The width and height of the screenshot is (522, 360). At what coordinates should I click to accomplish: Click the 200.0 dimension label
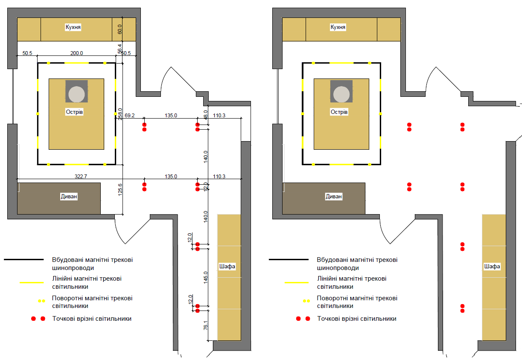tap(77, 53)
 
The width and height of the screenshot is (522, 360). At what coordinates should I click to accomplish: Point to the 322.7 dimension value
tap(81, 176)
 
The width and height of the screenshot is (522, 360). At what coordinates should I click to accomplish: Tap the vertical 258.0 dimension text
tap(120, 114)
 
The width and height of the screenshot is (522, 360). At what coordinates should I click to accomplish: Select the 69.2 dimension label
tap(130, 116)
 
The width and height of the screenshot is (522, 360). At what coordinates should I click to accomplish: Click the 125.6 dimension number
tap(120, 190)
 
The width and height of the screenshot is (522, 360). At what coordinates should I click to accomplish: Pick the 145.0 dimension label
tap(205, 278)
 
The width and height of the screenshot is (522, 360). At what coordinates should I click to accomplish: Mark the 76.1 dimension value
tap(205, 325)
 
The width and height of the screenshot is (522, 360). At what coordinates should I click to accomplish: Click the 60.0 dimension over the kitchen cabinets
tap(120, 29)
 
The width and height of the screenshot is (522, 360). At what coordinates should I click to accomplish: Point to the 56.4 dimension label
tap(120, 49)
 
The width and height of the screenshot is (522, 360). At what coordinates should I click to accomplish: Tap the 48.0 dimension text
tap(205, 115)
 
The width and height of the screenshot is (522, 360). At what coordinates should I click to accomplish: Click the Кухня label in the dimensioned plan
tap(73, 27)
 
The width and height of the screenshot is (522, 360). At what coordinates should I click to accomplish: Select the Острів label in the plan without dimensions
tap(339, 112)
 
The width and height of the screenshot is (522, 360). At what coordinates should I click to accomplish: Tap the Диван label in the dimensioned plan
tap(69, 197)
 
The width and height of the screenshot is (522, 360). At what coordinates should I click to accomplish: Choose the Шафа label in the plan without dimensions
tap(492, 267)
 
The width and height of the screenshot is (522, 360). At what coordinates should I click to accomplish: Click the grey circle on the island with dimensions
tap(76, 94)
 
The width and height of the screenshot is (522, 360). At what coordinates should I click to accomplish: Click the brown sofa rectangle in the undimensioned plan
tap(324, 198)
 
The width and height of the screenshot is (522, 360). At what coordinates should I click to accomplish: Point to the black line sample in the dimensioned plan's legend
tap(24, 259)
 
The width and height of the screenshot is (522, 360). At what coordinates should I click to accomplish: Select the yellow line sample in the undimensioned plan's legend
tap(296, 282)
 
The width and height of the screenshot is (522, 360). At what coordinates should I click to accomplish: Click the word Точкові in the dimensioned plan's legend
tap(63, 319)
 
